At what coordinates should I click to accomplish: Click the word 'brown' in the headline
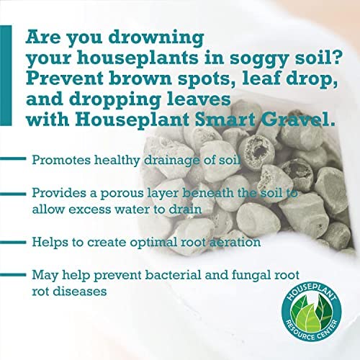click(x=141, y=78)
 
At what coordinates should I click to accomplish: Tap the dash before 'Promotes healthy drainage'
click(x=13, y=158)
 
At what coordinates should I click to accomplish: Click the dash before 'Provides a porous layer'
click(x=13, y=194)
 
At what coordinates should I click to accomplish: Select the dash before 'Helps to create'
click(x=13, y=242)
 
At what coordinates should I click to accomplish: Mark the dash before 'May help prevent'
click(x=13, y=275)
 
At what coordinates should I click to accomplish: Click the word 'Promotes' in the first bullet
click(x=60, y=160)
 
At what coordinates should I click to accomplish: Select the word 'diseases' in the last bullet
click(x=80, y=292)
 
